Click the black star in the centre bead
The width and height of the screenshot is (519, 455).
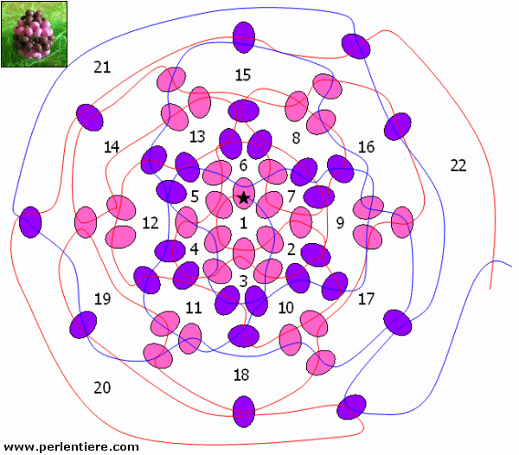coord(244,198)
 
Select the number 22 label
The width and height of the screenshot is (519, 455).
coord(458,165)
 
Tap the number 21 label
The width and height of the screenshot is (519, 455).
coord(102,67)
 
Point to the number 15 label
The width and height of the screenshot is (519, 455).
coord(242,75)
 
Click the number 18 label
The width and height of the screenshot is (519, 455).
coord(241,375)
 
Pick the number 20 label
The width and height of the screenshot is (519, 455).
coord(102,388)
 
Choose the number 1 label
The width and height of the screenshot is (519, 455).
coord(244,223)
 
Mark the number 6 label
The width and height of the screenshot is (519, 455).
coord(243,165)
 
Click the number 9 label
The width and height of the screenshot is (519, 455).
coord(340,223)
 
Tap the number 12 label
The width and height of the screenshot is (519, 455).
coord(151,223)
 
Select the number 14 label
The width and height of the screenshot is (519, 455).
coord(112,147)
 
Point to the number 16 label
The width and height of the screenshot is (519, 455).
coord(367,147)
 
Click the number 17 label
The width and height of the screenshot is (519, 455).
coord(366,299)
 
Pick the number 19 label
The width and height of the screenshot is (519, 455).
coord(102,298)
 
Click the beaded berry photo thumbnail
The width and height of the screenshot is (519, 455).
coord(34,34)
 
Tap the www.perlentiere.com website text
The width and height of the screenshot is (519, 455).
coord(71,447)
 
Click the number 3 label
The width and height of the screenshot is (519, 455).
coord(243,281)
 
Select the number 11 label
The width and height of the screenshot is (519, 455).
coord(193,308)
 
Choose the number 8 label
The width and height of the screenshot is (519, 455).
coord(296,138)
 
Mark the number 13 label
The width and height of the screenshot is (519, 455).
coord(197,137)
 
